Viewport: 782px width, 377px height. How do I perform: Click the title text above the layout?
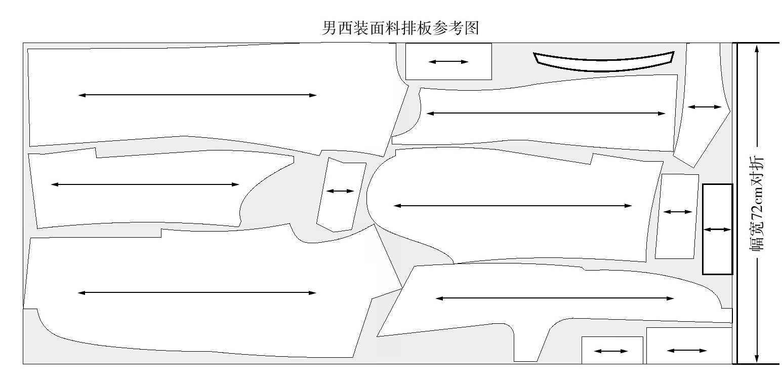[400, 27]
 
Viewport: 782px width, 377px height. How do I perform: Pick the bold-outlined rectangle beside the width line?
[717, 229]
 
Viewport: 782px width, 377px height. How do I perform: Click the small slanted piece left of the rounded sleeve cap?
[341, 194]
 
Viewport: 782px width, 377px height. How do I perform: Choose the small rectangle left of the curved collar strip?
[448, 61]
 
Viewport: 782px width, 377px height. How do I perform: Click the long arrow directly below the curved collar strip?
[546, 114]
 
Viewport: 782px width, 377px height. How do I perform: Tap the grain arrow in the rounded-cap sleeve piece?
[512, 205]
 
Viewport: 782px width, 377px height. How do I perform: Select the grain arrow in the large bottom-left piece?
[197, 293]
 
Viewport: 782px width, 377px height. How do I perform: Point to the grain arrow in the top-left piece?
[197, 95]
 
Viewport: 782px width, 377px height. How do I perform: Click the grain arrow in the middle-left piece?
[145, 184]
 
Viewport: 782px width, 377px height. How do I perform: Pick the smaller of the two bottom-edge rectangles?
[611, 351]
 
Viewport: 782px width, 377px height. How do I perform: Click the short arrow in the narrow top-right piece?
[704, 107]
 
